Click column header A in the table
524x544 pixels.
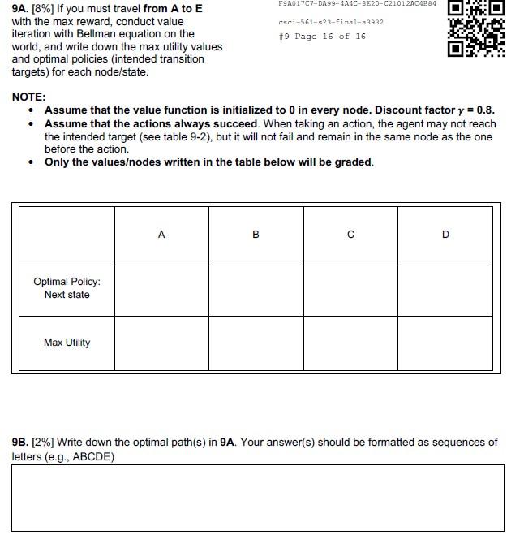(x=161, y=235)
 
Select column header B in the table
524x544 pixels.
(x=256, y=235)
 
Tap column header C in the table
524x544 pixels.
(x=350, y=235)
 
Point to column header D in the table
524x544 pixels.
(x=445, y=235)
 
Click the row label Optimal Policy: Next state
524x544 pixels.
(x=67, y=288)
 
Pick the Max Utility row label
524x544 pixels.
(x=67, y=343)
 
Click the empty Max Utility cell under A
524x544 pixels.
(x=161, y=343)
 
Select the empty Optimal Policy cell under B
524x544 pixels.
(x=256, y=288)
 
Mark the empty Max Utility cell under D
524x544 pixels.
(x=445, y=343)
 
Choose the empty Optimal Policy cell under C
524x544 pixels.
(x=350, y=288)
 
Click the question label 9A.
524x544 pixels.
(x=20, y=9)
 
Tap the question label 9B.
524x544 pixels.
(x=19, y=443)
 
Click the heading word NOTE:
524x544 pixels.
(x=28, y=97)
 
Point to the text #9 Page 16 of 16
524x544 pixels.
(x=321, y=37)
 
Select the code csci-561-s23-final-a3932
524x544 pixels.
(x=330, y=22)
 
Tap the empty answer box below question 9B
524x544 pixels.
(x=257, y=498)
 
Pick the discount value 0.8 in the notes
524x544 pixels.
(x=484, y=110)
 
